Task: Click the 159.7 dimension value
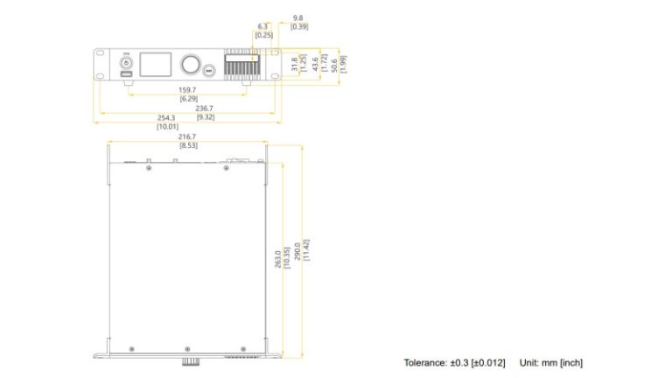pyautogui.click(x=187, y=89)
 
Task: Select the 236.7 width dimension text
pyautogui.click(x=206, y=108)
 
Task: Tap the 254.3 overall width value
pyautogui.click(x=166, y=117)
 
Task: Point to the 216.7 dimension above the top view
pyautogui.click(x=187, y=137)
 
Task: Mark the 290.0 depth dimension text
pyautogui.click(x=297, y=251)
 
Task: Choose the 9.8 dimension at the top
pyautogui.click(x=298, y=17)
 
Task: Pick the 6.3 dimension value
pyautogui.click(x=263, y=26)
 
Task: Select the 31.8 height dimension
pyautogui.click(x=294, y=64)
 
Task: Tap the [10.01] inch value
pyautogui.click(x=166, y=126)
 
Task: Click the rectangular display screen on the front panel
pyautogui.click(x=157, y=64)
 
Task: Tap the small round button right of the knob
pyautogui.click(x=208, y=70)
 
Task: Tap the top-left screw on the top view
pyautogui.click(x=149, y=169)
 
